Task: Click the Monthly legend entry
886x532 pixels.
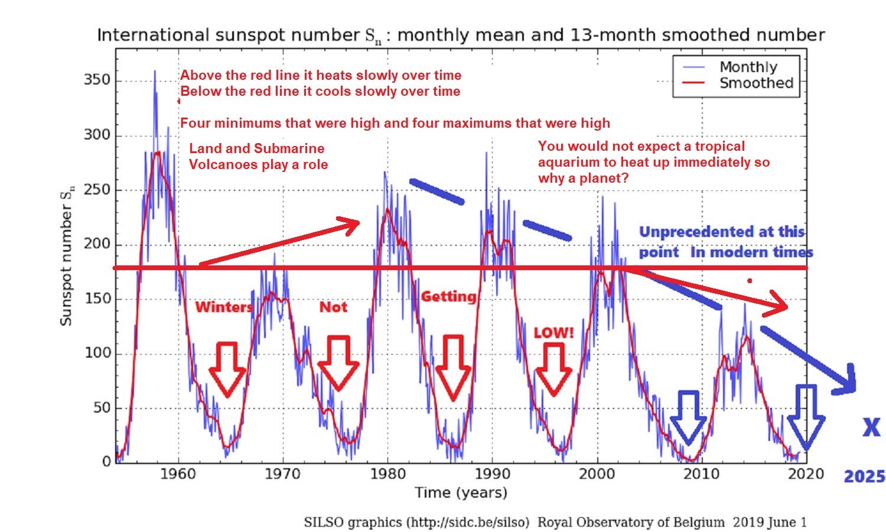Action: click(748, 67)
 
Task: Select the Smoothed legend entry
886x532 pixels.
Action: click(755, 83)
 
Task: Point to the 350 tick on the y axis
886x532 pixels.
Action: click(97, 80)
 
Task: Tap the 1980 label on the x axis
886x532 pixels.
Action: click(387, 474)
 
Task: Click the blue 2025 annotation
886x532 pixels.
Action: click(864, 476)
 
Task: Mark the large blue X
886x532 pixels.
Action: click(871, 427)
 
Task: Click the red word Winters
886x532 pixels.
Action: click(224, 307)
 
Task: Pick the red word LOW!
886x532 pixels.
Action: click(553, 333)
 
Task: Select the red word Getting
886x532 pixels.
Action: click(448, 296)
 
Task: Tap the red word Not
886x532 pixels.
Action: click(333, 307)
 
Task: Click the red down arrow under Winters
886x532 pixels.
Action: click(227, 369)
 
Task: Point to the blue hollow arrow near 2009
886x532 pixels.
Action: click(688, 417)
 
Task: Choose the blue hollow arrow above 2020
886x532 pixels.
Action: click(806, 417)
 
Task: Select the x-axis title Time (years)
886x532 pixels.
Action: click(461, 492)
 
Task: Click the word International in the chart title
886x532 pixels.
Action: click(152, 35)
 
